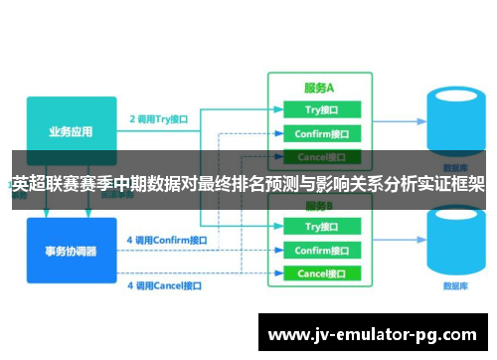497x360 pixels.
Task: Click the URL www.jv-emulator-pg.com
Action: pyautogui.click(x=373, y=333)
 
